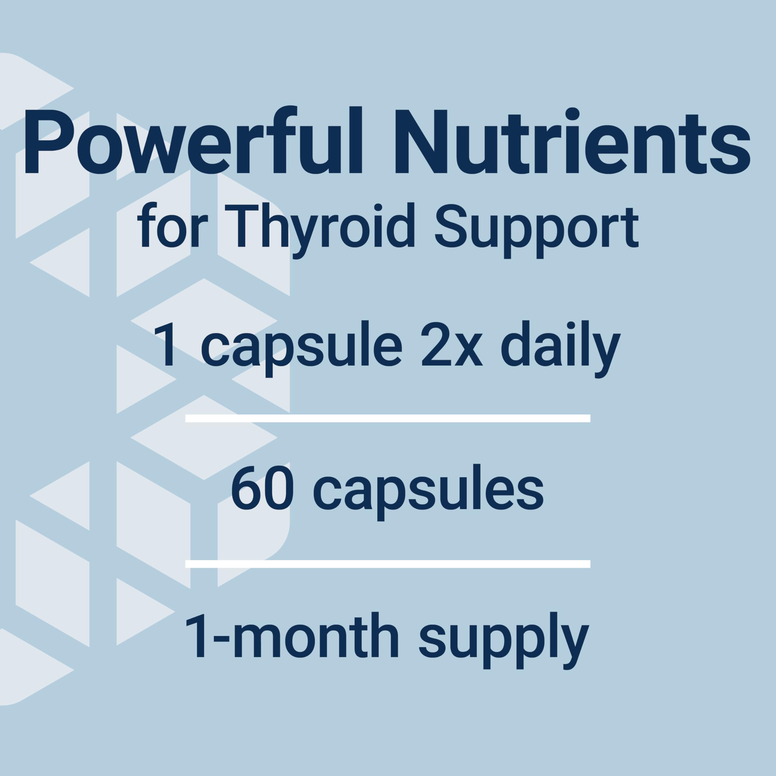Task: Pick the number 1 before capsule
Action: (166, 346)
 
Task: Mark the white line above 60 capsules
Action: (388, 419)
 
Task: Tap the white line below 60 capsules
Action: (388, 564)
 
